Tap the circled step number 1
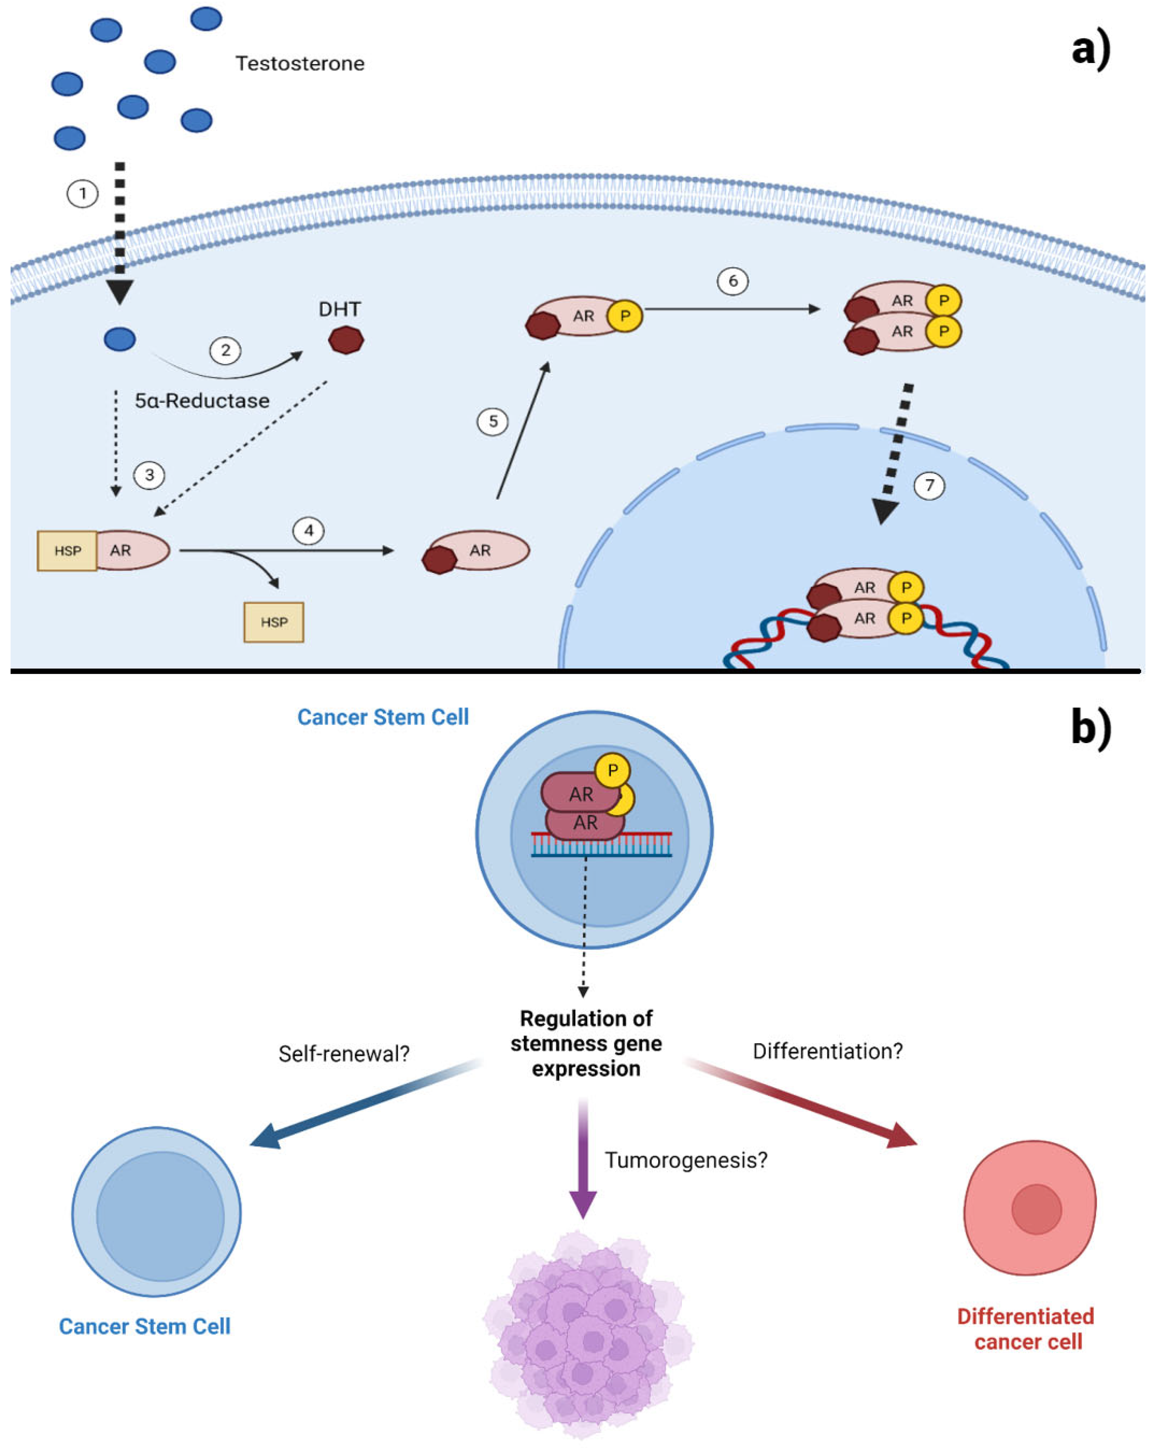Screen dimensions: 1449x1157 82,194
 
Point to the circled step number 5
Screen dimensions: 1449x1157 493,421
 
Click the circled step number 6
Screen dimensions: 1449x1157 732,281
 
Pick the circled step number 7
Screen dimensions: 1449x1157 929,485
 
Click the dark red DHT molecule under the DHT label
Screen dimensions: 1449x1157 346,340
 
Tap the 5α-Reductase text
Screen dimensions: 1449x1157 202,401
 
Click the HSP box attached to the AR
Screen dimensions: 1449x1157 67,550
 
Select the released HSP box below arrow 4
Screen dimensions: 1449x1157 274,622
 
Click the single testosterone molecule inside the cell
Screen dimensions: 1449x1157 120,339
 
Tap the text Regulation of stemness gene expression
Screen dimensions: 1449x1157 586,1043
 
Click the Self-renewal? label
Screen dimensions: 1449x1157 344,1054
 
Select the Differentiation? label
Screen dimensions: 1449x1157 827,1051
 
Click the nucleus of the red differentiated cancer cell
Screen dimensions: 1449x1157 1036,1210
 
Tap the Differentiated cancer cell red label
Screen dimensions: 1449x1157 1026,1329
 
